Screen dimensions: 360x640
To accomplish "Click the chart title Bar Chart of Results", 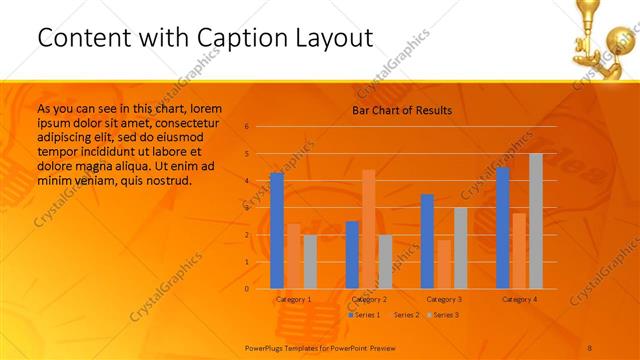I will (401, 110).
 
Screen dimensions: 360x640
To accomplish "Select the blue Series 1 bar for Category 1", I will (277, 231).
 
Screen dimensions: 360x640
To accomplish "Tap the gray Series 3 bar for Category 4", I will (536, 221).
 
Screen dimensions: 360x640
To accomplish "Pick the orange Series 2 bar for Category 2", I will (369, 229).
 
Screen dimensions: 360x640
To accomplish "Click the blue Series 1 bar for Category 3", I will (427, 241).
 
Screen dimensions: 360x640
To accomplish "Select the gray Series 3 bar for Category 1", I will (310, 262).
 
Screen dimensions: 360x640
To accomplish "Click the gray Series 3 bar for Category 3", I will (460, 248).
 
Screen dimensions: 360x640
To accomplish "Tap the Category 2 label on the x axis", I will (369, 299).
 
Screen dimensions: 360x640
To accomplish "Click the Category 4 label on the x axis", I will (519, 299).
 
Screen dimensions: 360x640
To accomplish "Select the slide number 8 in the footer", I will (590, 347).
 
